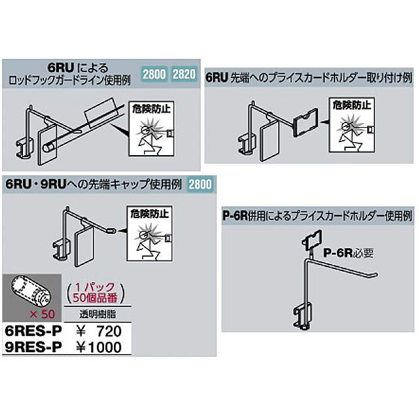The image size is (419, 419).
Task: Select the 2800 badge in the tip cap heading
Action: coord(201,184)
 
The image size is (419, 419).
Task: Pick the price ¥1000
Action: coord(98,348)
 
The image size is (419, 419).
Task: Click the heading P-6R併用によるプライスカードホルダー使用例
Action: coord(317,216)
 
